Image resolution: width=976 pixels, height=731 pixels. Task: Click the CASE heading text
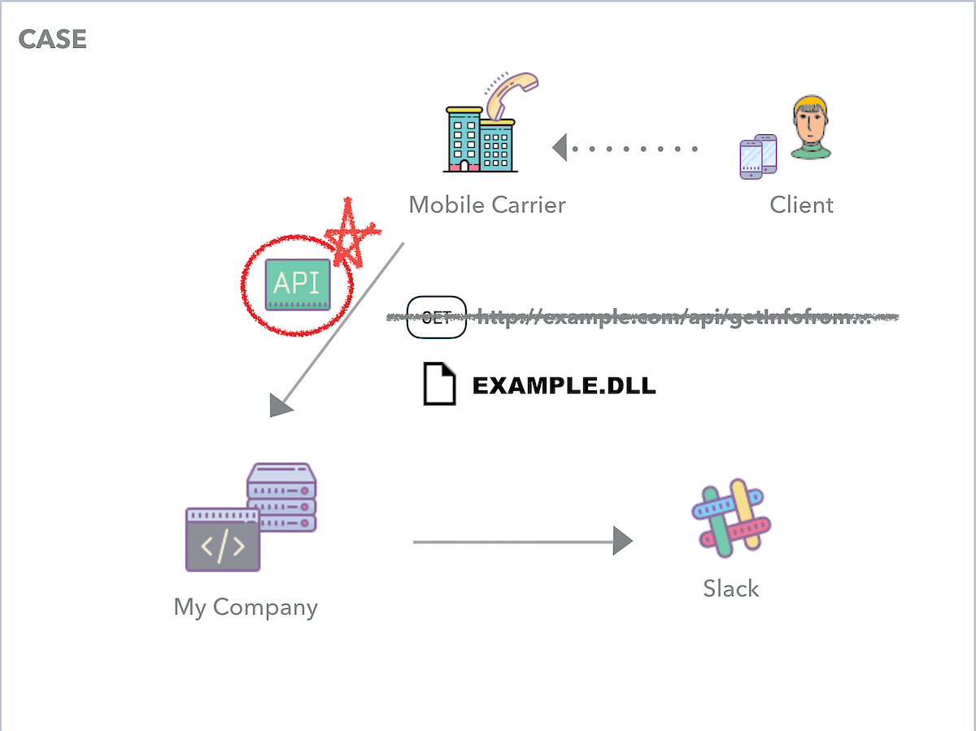pos(52,39)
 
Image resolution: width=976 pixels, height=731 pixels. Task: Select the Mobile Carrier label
pos(486,204)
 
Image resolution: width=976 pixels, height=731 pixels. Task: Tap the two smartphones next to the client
pos(758,156)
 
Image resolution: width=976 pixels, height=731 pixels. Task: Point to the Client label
pos(801,204)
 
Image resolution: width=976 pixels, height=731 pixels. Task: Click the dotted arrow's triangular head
pos(560,148)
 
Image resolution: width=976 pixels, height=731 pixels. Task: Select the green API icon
pos(298,284)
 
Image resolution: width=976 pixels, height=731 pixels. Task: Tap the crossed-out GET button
pos(436,317)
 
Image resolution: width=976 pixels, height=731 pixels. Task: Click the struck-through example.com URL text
pos(673,317)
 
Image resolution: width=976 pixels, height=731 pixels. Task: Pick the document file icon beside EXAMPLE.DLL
pos(438,385)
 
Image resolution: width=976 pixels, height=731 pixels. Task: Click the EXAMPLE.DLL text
pos(564,385)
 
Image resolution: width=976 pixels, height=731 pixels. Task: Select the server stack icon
pos(282,496)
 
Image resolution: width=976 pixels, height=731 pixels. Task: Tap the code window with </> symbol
pos(223,541)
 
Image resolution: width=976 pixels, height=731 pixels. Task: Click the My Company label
pos(246,607)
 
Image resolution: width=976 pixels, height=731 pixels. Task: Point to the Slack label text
pos(730,588)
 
